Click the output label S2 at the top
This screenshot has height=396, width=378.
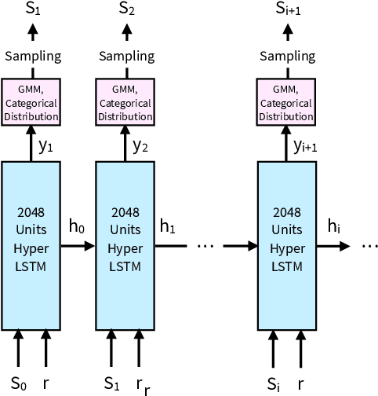125,9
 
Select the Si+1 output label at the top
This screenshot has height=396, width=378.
289,9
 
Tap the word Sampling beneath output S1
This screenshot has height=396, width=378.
31,57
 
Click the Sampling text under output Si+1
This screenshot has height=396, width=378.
289,57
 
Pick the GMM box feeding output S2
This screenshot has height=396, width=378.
125,101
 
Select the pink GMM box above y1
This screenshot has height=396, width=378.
31,101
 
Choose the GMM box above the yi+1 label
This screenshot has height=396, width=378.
289,101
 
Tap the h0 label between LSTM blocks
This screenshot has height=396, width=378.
77,228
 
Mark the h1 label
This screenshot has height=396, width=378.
169,228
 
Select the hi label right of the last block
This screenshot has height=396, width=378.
333,228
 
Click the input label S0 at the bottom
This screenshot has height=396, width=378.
17,383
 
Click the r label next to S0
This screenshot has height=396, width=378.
45,384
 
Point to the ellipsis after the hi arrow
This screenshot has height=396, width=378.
369,246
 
